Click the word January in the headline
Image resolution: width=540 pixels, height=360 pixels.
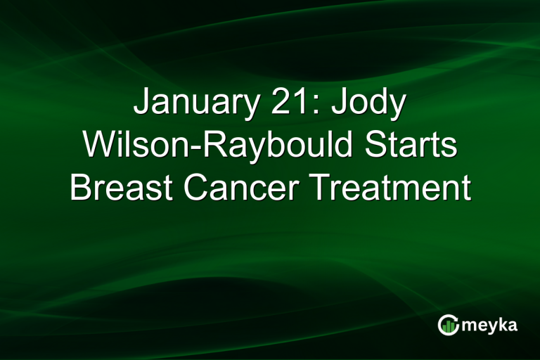click(193, 103)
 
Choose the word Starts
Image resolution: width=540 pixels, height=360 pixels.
click(416, 146)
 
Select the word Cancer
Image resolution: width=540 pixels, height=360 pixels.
click(238, 188)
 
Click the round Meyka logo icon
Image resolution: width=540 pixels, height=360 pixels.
click(448, 324)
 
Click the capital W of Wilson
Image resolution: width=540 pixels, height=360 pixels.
click(97, 146)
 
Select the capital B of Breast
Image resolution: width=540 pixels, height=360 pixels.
click(79, 188)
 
